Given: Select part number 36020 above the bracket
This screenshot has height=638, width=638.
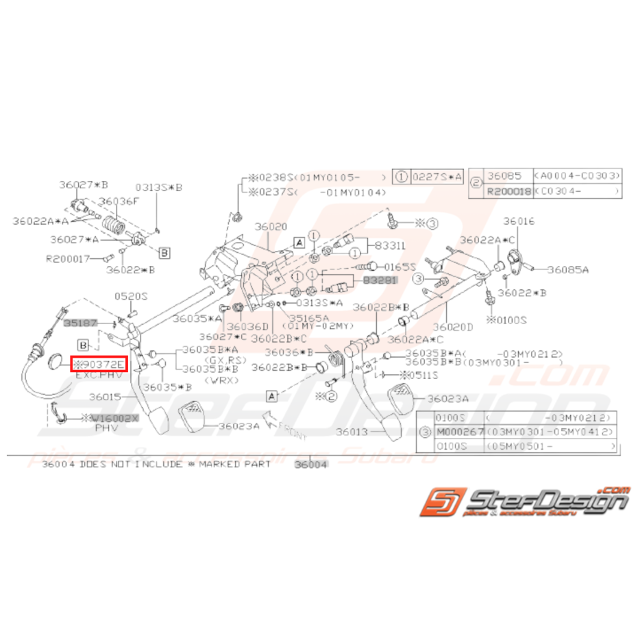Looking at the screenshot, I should (x=271, y=226).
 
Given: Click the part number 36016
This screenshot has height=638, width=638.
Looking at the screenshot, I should (x=519, y=221).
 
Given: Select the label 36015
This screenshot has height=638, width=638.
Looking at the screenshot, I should (x=103, y=397).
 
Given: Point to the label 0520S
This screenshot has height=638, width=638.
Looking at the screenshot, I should (x=130, y=296).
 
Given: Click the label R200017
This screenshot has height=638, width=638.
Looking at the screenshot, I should (x=67, y=260).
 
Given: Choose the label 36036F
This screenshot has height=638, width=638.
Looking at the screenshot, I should (x=118, y=201).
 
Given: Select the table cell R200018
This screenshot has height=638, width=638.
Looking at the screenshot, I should (x=508, y=192).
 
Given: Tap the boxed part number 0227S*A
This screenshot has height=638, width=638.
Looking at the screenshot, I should (x=437, y=176).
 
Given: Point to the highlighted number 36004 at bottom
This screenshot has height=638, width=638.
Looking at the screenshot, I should (x=311, y=464).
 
